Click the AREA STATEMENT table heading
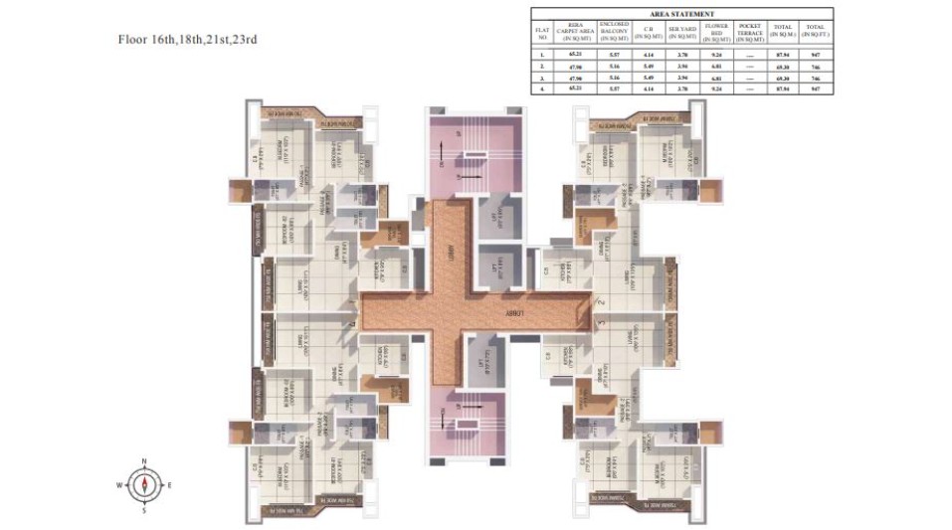coord(681,14)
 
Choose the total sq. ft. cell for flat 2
coord(816,66)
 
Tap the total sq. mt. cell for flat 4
coord(782,88)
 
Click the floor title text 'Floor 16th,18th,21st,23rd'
coord(188,40)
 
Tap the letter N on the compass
coord(144,462)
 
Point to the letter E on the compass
coord(168,485)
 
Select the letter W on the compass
coord(119,485)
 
